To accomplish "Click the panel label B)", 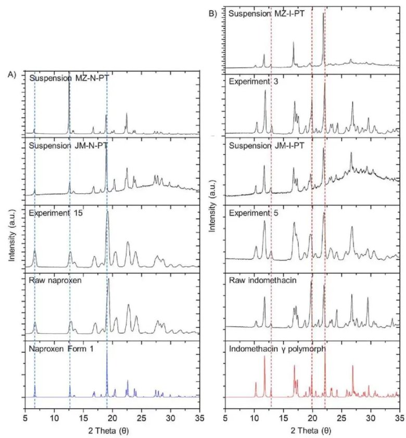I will (213, 14).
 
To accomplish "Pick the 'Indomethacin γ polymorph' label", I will (277, 349).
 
